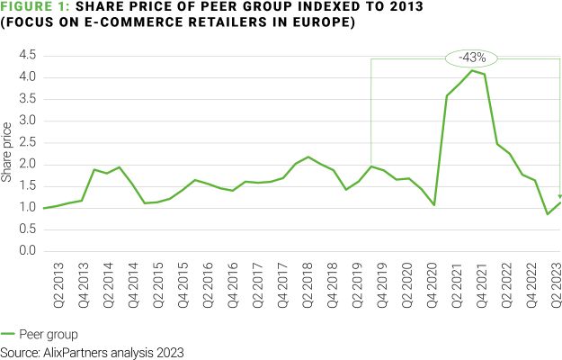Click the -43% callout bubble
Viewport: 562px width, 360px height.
pyautogui.click(x=471, y=58)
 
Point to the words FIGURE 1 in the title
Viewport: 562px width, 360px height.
pyautogui.click(x=35, y=7)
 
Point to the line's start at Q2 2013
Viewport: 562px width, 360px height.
pyautogui.click(x=44, y=208)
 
